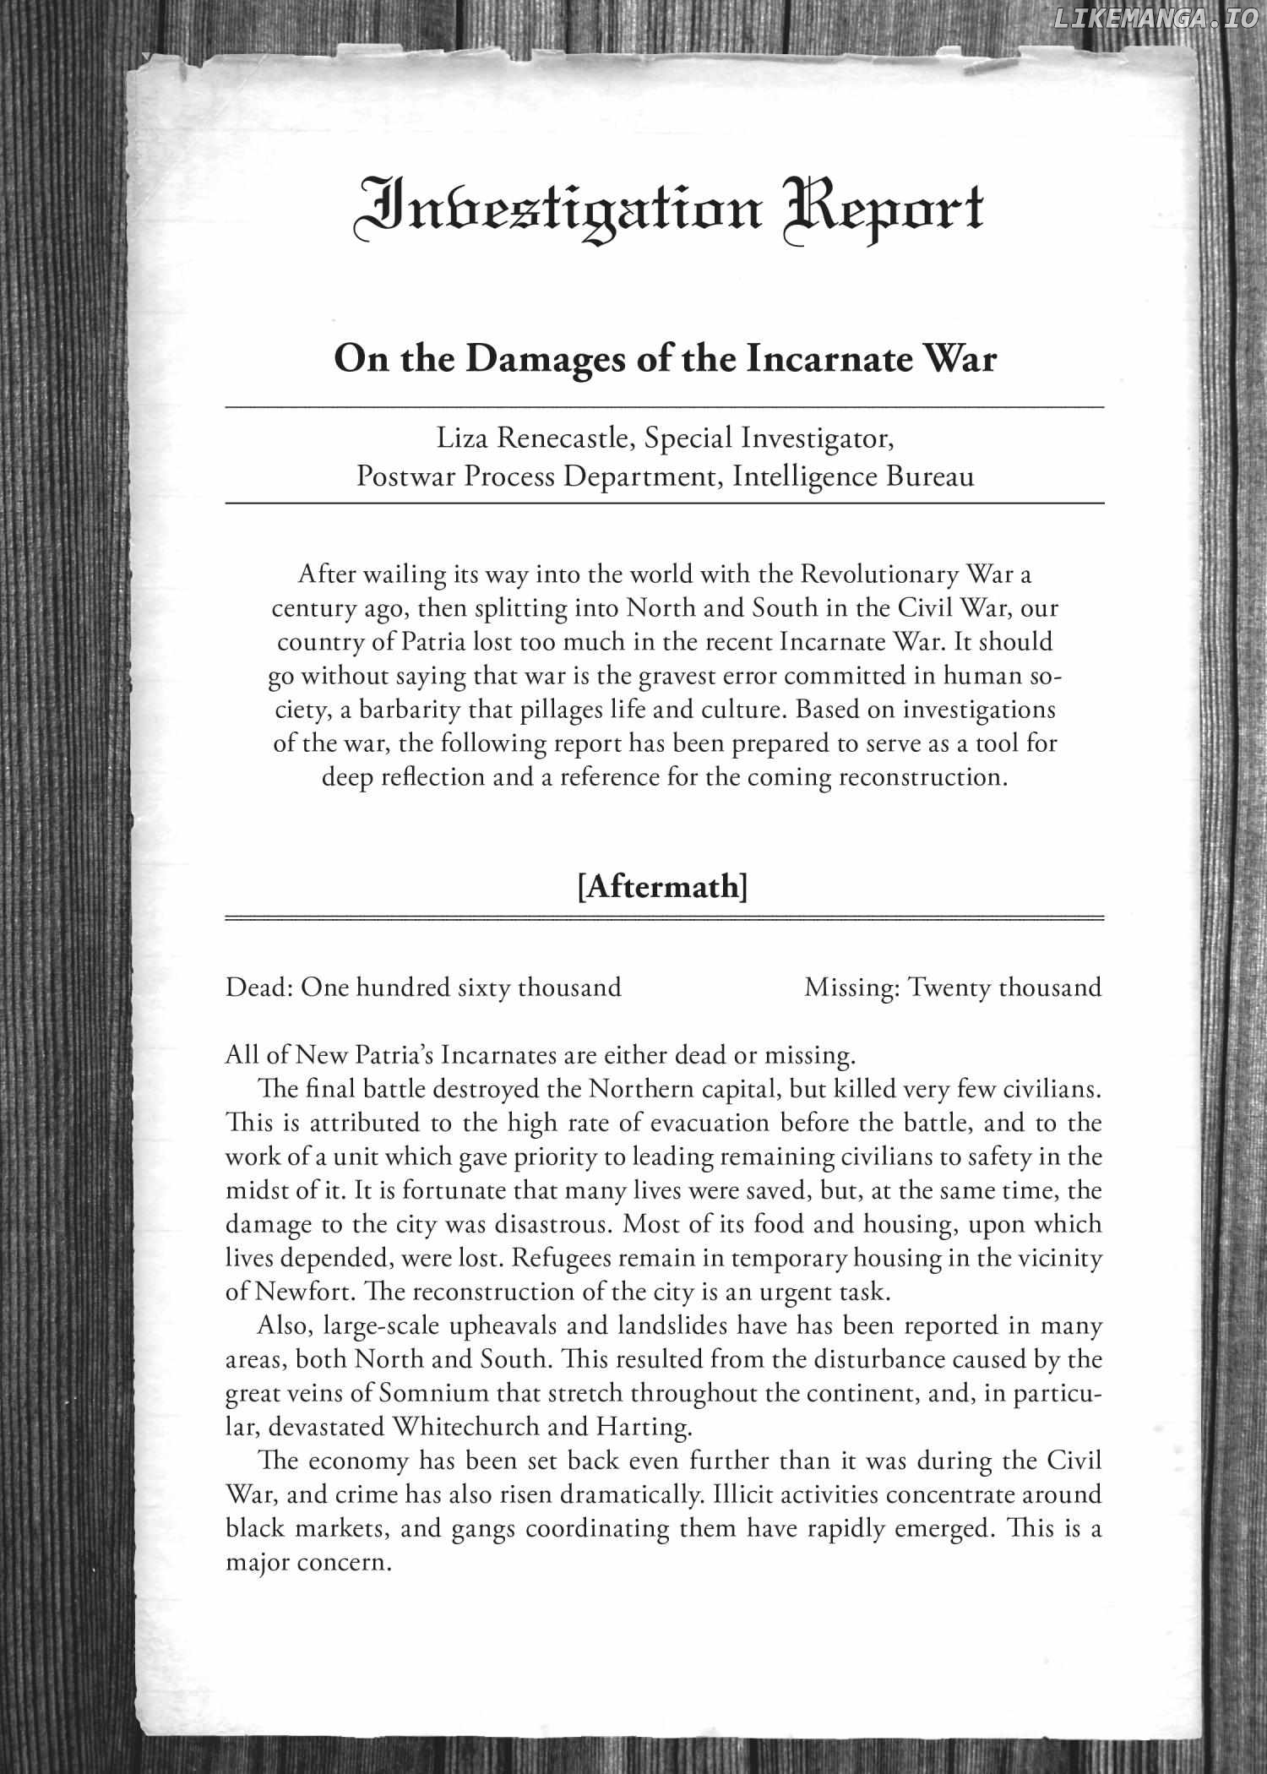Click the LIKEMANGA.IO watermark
(1155, 16)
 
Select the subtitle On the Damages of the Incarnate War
(665, 359)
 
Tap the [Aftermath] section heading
(663, 887)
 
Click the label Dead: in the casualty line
(258, 987)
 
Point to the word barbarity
(405, 710)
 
